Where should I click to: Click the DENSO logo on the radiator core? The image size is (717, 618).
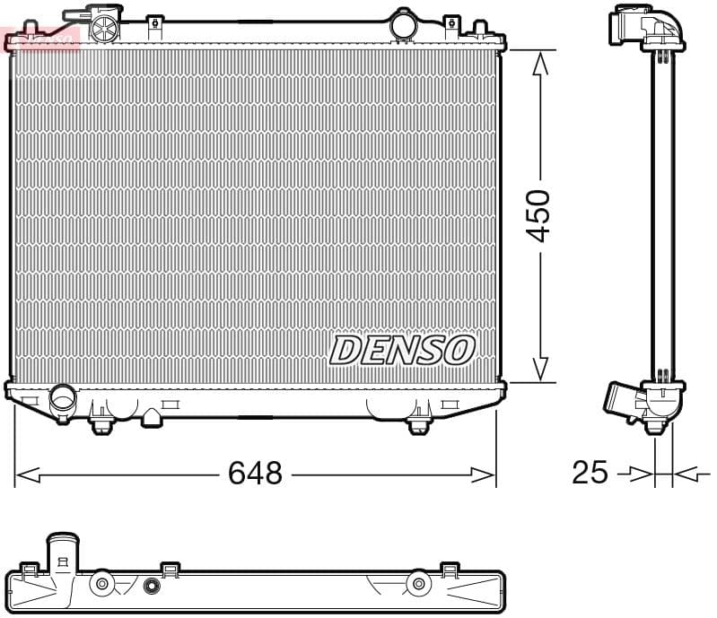coord(401,350)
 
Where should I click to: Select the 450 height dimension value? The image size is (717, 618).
coord(538,215)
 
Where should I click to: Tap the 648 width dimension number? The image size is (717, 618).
coord(255,473)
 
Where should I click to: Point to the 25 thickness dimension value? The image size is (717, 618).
coord(590,472)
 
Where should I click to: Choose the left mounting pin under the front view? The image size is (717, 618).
coord(102,422)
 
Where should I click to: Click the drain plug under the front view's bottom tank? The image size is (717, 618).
coord(152,417)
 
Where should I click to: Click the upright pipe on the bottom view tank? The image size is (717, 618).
coord(63,552)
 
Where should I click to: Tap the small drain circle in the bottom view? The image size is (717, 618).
coord(151,587)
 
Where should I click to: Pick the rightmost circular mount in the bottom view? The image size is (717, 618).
coord(417,585)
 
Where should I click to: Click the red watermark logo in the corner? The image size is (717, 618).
coord(41,38)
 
